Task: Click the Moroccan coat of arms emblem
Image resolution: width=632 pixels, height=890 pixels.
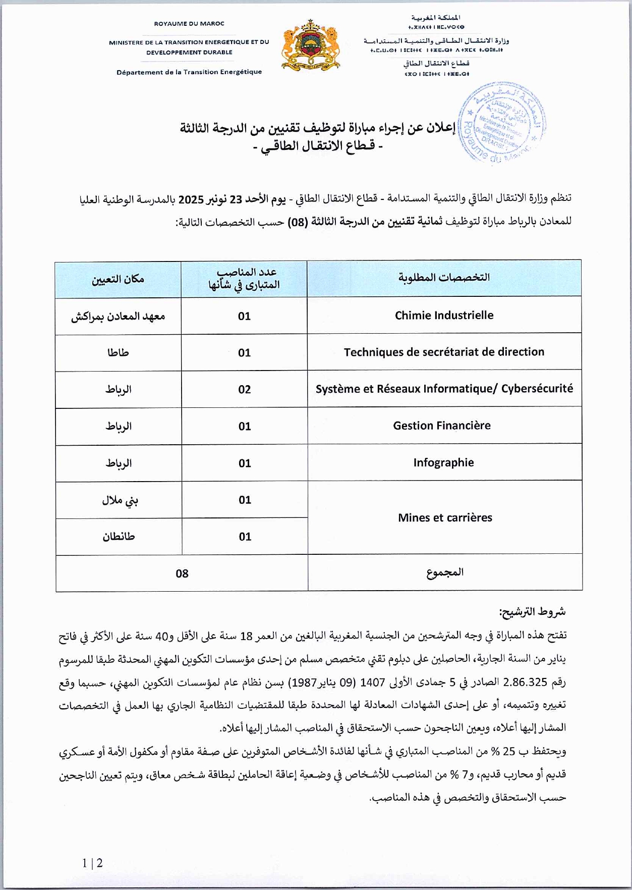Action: [311, 45]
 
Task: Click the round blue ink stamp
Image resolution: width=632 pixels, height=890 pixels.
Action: [501, 123]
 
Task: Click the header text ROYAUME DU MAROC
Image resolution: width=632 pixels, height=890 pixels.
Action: [189, 24]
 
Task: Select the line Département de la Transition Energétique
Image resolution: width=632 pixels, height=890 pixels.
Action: [189, 72]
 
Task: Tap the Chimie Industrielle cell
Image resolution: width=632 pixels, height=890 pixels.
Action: [444, 316]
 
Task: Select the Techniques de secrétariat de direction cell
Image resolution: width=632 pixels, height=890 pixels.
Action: [444, 352]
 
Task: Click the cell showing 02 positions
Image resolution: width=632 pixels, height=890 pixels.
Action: [245, 389]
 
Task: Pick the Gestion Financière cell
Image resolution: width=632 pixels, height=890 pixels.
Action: [442, 426]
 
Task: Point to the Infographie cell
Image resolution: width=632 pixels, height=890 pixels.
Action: [443, 462]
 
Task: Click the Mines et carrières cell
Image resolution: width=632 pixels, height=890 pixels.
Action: [445, 517]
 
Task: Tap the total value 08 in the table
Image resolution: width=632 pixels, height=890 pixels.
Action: [182, 573]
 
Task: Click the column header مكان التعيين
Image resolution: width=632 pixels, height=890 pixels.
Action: [118, 279]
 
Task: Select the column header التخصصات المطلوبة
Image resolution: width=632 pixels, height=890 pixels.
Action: [444, 278]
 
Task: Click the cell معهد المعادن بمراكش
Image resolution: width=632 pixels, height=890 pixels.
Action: [118, 317]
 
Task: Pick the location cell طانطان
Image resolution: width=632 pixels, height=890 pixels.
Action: [119, 537]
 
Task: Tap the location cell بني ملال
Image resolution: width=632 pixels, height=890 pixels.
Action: [120, 500]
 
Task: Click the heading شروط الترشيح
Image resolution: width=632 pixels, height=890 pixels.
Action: [532, 612]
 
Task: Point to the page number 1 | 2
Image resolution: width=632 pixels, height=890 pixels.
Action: [93, 863]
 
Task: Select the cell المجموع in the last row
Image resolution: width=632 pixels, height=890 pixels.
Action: [445, 572]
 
